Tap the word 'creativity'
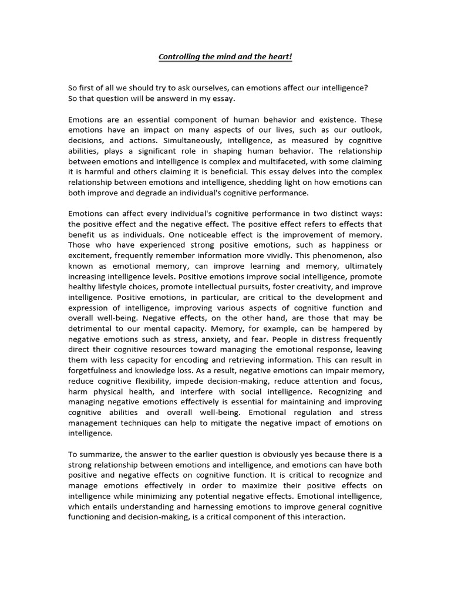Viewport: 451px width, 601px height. tap(314, 287)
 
